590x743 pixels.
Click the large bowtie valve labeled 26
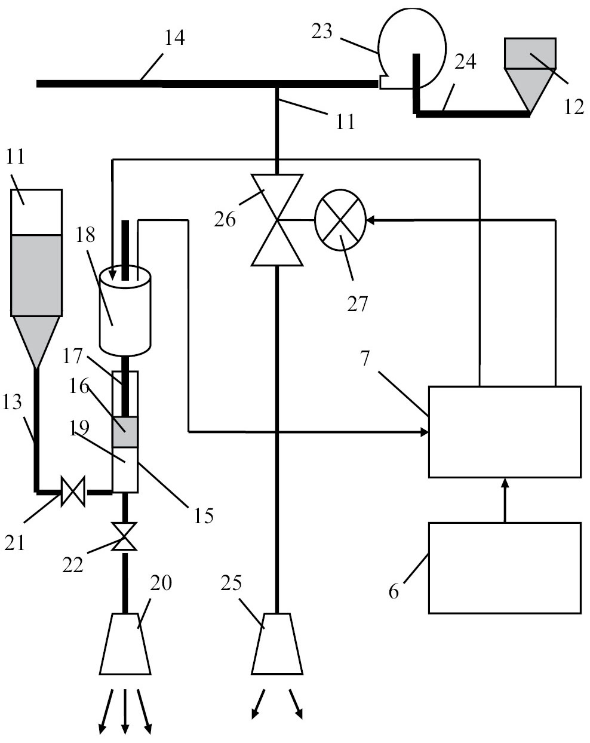276,220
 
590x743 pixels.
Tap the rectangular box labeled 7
505,432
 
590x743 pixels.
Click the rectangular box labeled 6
505,568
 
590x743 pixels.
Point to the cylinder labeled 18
125,311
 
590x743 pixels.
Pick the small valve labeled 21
73,492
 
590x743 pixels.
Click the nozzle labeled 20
125,644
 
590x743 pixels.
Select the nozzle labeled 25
276,644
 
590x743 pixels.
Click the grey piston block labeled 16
125,432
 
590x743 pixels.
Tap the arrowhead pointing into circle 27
370,220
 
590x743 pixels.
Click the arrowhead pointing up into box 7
505,483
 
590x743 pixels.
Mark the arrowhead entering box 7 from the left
425,431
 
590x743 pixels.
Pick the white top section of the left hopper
36,211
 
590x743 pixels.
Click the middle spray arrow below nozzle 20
125,723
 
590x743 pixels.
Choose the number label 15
202,515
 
